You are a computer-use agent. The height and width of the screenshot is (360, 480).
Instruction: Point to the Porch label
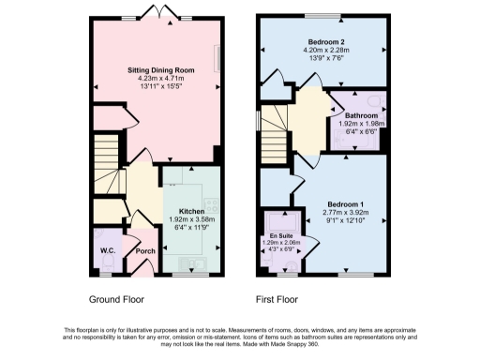[x=145, y=251]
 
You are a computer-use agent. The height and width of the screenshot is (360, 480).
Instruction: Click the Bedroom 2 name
[x=322, y=41]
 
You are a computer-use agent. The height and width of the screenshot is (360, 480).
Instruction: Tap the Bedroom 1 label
[x=346, y=204]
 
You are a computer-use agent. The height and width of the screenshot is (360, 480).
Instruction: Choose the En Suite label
[x=279, y=234]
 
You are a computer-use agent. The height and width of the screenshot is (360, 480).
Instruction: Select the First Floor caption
[x=279, y=301]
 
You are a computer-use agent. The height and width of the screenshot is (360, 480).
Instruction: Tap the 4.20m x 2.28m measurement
[x=322, y=50]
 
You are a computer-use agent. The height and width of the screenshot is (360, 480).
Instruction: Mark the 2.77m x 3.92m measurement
[x=346, y=213]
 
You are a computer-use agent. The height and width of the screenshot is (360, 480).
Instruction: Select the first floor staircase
[x=273, y=131]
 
